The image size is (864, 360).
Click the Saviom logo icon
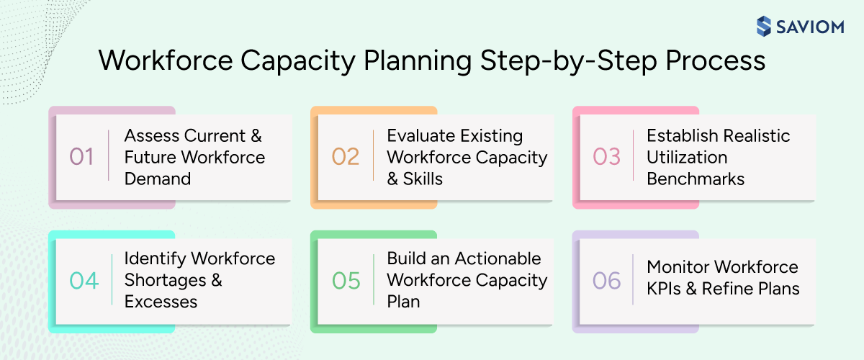(x=764, y=27)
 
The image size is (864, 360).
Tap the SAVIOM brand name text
(x=810, y=27)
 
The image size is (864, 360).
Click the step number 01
(x=81, y=157)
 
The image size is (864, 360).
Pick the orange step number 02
(x=345, y=157)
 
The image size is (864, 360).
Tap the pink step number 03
(x=606, y=157)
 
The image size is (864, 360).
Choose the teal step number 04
(x=84, y=281)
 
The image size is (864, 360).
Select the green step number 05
(x=346, y=281)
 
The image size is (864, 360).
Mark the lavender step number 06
(x=606, y=281)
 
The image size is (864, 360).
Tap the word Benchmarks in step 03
(x=696, y=179)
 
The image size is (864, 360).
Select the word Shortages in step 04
(x=156, y=280)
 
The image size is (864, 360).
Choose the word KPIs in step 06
(x=667, y=289)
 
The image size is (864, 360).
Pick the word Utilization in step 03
(x=687, y=157)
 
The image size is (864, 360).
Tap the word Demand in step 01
(x=158, y=179)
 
